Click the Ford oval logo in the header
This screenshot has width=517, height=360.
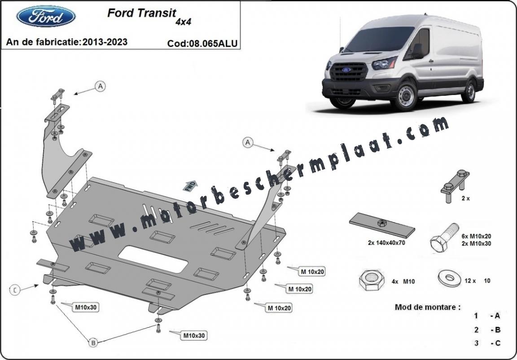pyautogui.click(x=46, y=16)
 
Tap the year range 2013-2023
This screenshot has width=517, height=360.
pyautogui.click(x=105, y=42)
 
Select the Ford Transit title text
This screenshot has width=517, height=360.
pyautogui.click(x=142, y=13)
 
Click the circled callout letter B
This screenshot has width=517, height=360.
pyautogui.click(x=93, y=343)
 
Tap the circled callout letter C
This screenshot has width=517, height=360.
pyautogui.click(x=15, y=290)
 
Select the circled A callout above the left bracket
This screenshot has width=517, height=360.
pyautogui.click(x=100, y=86)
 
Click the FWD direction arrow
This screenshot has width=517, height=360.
pyautogui.click(x=190, y=186)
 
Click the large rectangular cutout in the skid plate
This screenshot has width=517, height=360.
pyautogui.click(x=153, y=259)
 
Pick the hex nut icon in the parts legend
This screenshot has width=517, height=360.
pyautogui.click(x=372, y=281)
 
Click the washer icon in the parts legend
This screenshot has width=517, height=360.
pyautogui.click(x=449, y=279)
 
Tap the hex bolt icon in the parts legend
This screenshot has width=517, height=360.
pyautogui.click(x=444, y=238)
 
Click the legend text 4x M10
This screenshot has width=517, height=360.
pyautogui.click(x=403, y=281)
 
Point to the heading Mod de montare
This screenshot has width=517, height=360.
pyautogui.click(x=428, y=307)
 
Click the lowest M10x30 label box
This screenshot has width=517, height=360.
pyautogui.click(x=194, y=336)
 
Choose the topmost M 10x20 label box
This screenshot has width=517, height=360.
pyautogui.click(x=312, y=272)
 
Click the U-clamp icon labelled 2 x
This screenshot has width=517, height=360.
pyautogui.click(x=455, y=186)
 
